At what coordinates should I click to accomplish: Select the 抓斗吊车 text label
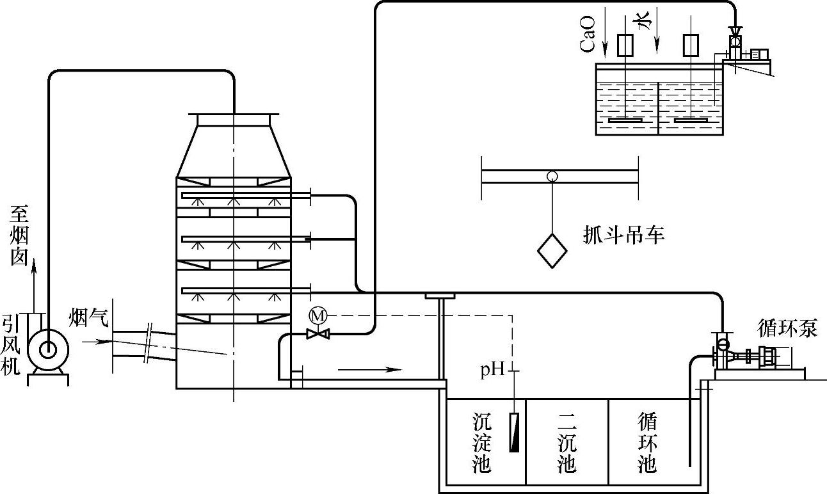pyautogui.click(x=624, y=235)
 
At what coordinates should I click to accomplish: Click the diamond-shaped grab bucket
pyautogui.click(x=552, y=251)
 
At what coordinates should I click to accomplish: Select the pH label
pyautogui.click(x=493, y=370)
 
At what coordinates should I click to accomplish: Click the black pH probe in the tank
pyautogui.click(x=514, y=433)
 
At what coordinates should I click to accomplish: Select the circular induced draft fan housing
pyautogui.click(x=48, y=349)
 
